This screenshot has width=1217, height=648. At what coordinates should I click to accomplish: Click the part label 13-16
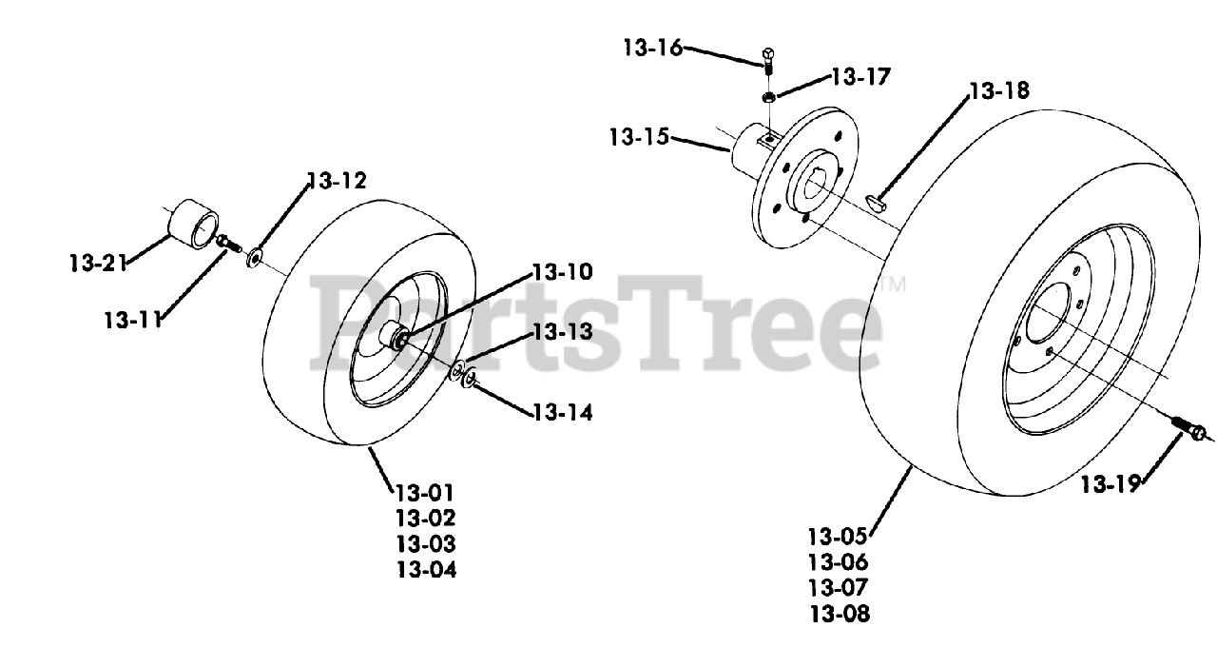[653, 47]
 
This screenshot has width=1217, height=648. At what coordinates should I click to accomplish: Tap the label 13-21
[98, 263]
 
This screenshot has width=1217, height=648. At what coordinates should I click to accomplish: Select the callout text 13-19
[1110, 484]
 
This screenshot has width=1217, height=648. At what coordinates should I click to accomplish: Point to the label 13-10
[562, 272]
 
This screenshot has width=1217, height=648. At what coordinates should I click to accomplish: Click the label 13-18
[998, 91]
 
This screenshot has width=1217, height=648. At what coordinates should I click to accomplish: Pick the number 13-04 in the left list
[426, 570]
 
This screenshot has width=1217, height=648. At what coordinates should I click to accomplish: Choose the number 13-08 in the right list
[839, 614]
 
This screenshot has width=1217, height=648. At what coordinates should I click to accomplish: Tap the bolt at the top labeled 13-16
[768, 59]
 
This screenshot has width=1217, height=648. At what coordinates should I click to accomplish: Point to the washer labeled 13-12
[255, 257]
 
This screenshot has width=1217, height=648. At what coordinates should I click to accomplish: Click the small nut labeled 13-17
[767, 97]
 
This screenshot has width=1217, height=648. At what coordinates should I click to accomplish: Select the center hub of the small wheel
[396, 337]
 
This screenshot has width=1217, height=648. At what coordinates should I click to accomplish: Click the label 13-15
[639, 138]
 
